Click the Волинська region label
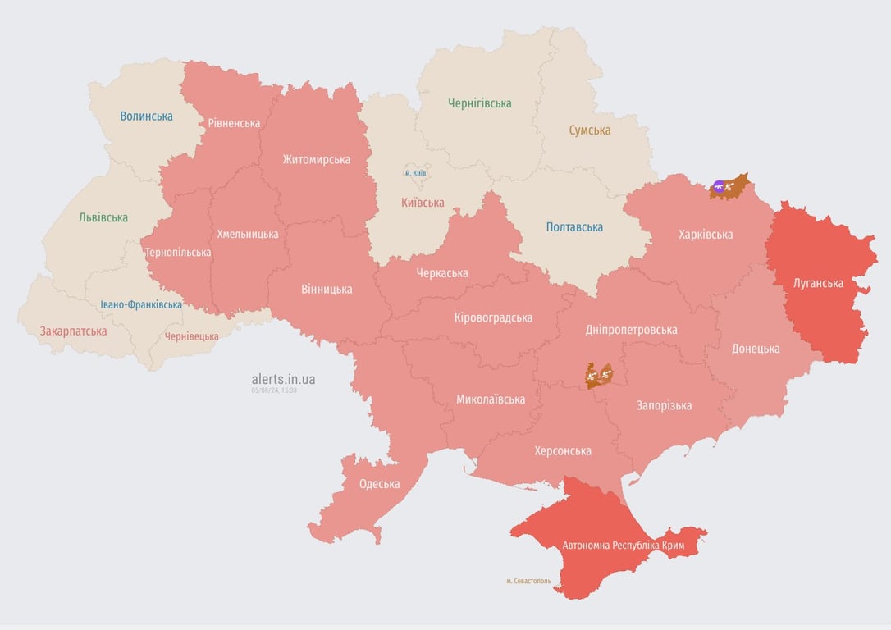tap(146, 116)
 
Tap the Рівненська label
tap(234, 123)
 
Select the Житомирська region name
tap(316, 159)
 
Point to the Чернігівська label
tap(479, 103)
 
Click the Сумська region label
tap(589, 130)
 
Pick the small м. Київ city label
tap(415, 173)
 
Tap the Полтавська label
tap(574, 226)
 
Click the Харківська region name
tap(706, 235)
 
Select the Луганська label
tap(818, 283)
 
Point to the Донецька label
tap(756, 348)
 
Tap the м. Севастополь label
tap(528, 581)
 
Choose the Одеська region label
tap(379, 484)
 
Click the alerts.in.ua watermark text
tap(283, 379)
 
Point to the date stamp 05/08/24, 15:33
tap(274, 390)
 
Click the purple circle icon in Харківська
tap(719, 187)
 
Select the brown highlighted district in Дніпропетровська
tap(599, 375)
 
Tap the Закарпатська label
tap(73, 331)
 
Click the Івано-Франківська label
tap(141, 304)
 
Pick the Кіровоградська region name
tap(493, 317)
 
